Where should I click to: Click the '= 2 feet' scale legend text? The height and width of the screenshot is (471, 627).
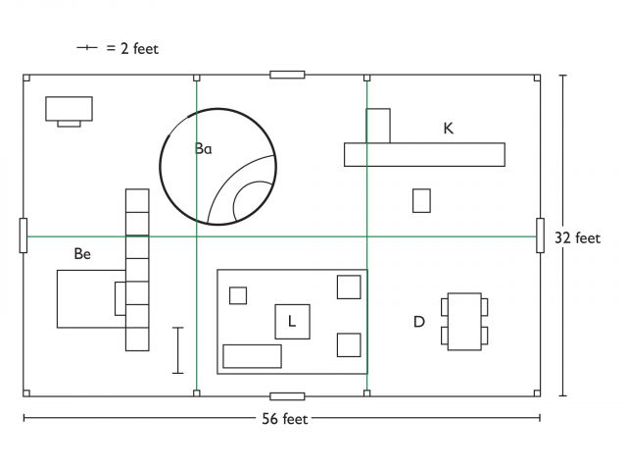coord(132,49)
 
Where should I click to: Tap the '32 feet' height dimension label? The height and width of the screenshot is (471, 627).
coord(577,238)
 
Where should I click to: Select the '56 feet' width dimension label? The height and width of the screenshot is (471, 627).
coord(285,419)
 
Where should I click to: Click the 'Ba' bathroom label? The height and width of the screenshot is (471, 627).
coord(203,148)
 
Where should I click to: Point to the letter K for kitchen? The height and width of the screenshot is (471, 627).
coord(449,129)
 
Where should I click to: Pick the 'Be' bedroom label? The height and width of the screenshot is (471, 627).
coord(82,254)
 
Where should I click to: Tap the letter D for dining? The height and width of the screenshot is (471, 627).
coord(418,322)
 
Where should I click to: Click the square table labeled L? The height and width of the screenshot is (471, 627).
coord(292,322)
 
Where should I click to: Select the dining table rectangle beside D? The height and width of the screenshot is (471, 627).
coord(464,322)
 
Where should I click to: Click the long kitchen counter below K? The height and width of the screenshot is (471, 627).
coord(424,155)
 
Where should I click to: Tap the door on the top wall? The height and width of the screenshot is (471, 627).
coord(287,75)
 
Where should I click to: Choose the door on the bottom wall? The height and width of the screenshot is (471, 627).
coord(287,396)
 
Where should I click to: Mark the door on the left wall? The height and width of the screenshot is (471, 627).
coord(24,235)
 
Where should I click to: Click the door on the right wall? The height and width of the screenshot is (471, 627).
coord(540,235)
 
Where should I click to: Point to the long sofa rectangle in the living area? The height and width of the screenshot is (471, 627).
coord(253,356)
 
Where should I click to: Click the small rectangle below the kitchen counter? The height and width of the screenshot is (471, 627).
coord(422,200)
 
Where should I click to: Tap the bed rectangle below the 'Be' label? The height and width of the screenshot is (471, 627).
coord(91,299)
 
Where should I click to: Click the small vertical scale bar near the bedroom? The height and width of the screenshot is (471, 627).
coord(178,350)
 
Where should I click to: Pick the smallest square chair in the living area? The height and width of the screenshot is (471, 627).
coord(238,295)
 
